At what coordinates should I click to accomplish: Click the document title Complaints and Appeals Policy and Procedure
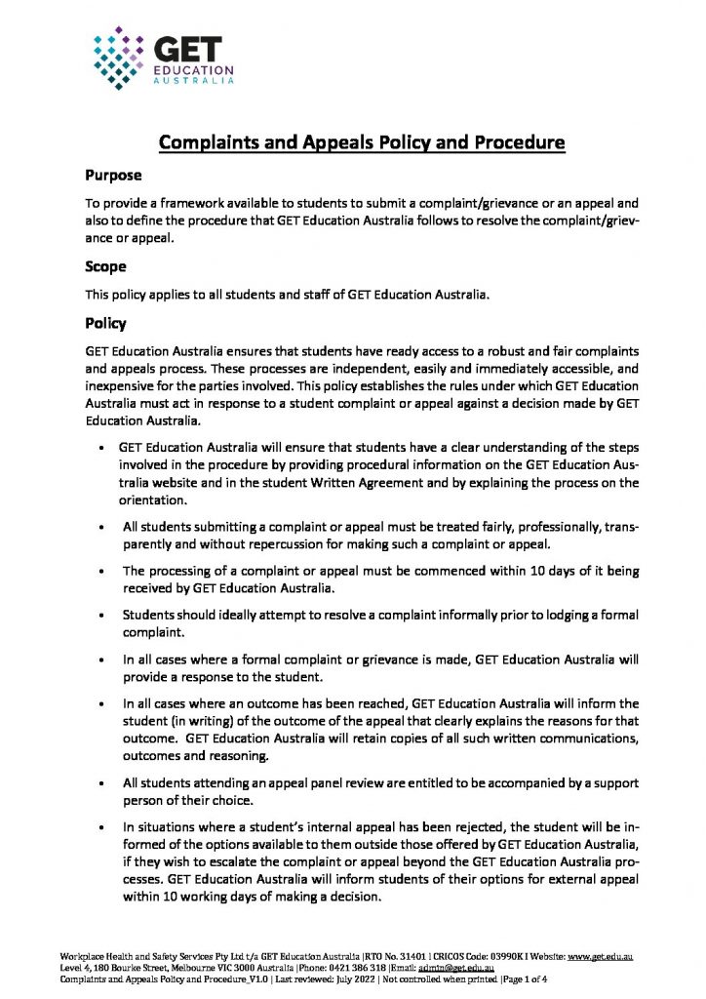[x=362, y=143]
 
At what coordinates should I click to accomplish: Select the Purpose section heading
[x=114, y=176]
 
